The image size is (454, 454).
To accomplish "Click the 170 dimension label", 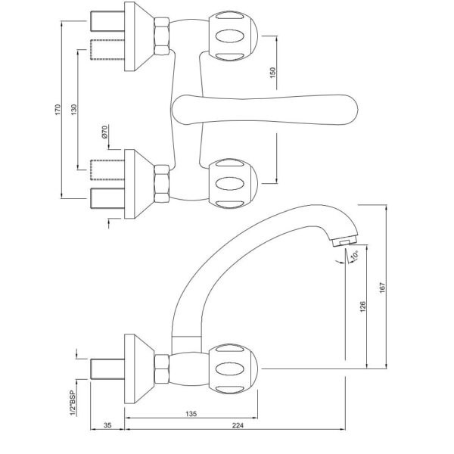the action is (x=58, y=110).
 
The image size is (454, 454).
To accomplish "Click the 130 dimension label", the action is (x=74, y=110).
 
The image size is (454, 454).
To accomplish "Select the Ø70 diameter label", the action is (x=105, y=132).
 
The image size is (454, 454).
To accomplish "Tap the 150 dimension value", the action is (x=272, y=73).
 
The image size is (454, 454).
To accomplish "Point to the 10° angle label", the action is (x=355, y=255).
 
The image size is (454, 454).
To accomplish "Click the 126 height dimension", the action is (x=362, y=307).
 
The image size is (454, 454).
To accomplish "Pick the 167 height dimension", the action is (x=382, y=288).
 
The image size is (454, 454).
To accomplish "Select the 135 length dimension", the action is (x=191, y=414).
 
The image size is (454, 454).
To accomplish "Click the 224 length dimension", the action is (x=238, y=425).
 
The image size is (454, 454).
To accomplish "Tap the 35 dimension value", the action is (x=107, y=425).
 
